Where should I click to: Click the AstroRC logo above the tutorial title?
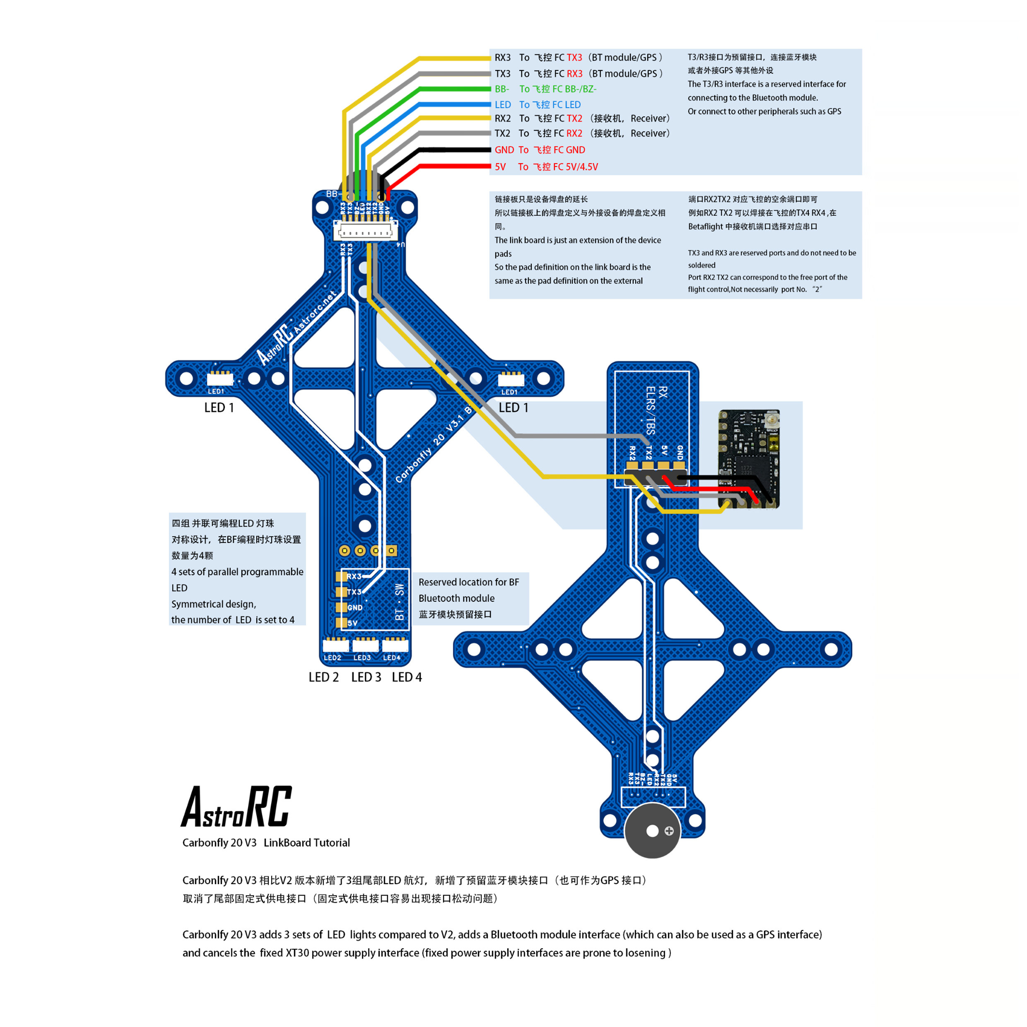236,807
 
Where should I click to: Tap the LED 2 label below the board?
324,677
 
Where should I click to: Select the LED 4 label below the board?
407,677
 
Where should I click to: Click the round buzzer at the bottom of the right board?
652,831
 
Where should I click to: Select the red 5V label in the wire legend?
500,167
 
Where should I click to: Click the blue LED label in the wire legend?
502,105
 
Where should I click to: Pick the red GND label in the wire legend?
504,150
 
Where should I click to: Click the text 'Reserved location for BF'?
468,582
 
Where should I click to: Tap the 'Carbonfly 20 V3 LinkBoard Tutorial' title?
266,843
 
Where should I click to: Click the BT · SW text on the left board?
400,602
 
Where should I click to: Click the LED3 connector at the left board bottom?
365,645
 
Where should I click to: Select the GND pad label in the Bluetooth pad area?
354,608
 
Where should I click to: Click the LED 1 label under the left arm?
219,408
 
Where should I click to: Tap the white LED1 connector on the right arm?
511,379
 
